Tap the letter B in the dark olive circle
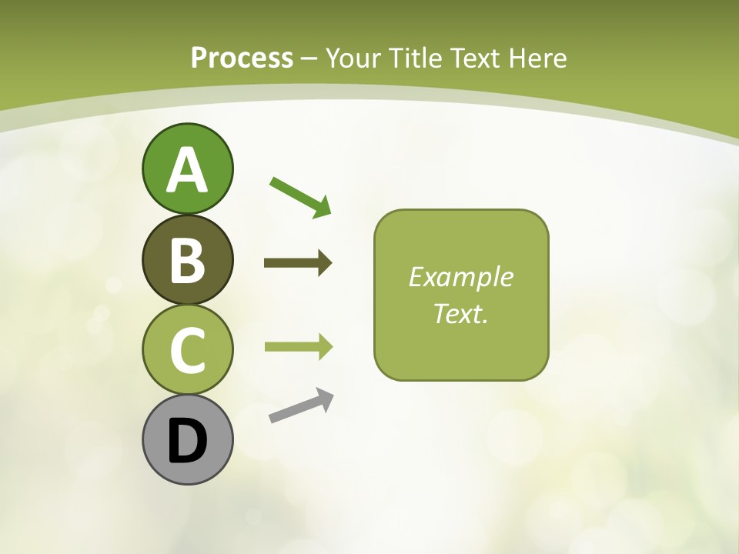[x=187, y=260]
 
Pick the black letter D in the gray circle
[x=187, y=440]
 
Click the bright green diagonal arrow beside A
[x=299, y=195]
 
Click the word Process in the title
[x=242, y=58]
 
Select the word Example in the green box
[x=460, y=277]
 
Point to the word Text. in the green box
[x=460, y=314]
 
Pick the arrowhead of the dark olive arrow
[x=324, y=263]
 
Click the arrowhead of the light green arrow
[x=324, y=347]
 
